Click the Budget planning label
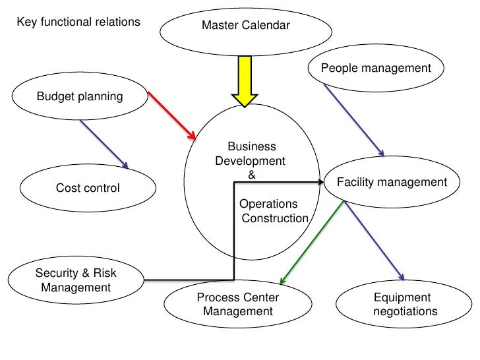(x=79, y=97)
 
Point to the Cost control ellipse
(x=87, y=189)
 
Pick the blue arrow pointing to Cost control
(x=104, y=143)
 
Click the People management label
(x=376, y=69)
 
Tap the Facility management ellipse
(x=392, y=183)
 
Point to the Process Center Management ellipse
(x=237, y=304)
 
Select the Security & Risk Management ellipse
(x=76, y=280)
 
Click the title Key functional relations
(x=78, y=22)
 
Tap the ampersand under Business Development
(x=251, y=175)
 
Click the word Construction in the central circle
(x=275, y=218)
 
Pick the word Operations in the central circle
(x=268, y=204)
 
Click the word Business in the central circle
(x=251, y=147)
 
